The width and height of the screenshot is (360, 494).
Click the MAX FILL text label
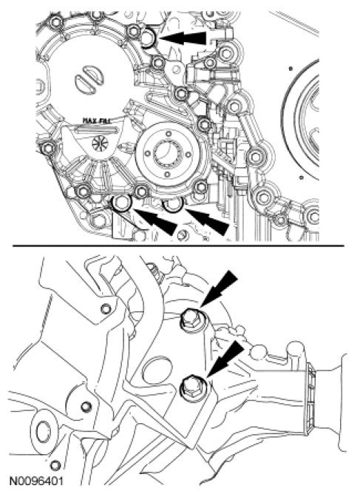click(96, 120)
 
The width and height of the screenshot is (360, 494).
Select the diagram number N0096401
click(36, 481)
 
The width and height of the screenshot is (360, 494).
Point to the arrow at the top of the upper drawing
click(183, 38)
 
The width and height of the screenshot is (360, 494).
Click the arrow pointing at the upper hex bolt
click(219, 289)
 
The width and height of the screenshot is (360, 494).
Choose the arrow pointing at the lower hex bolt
click(225, 359)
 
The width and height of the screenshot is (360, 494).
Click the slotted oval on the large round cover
click(89, 79)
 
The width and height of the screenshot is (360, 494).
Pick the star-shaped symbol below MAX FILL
click(100, 143)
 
